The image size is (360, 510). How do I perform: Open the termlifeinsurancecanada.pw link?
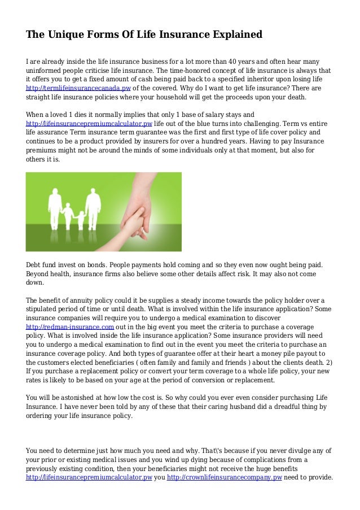point(78,89)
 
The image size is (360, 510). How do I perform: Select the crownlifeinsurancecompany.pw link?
point(225,477)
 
